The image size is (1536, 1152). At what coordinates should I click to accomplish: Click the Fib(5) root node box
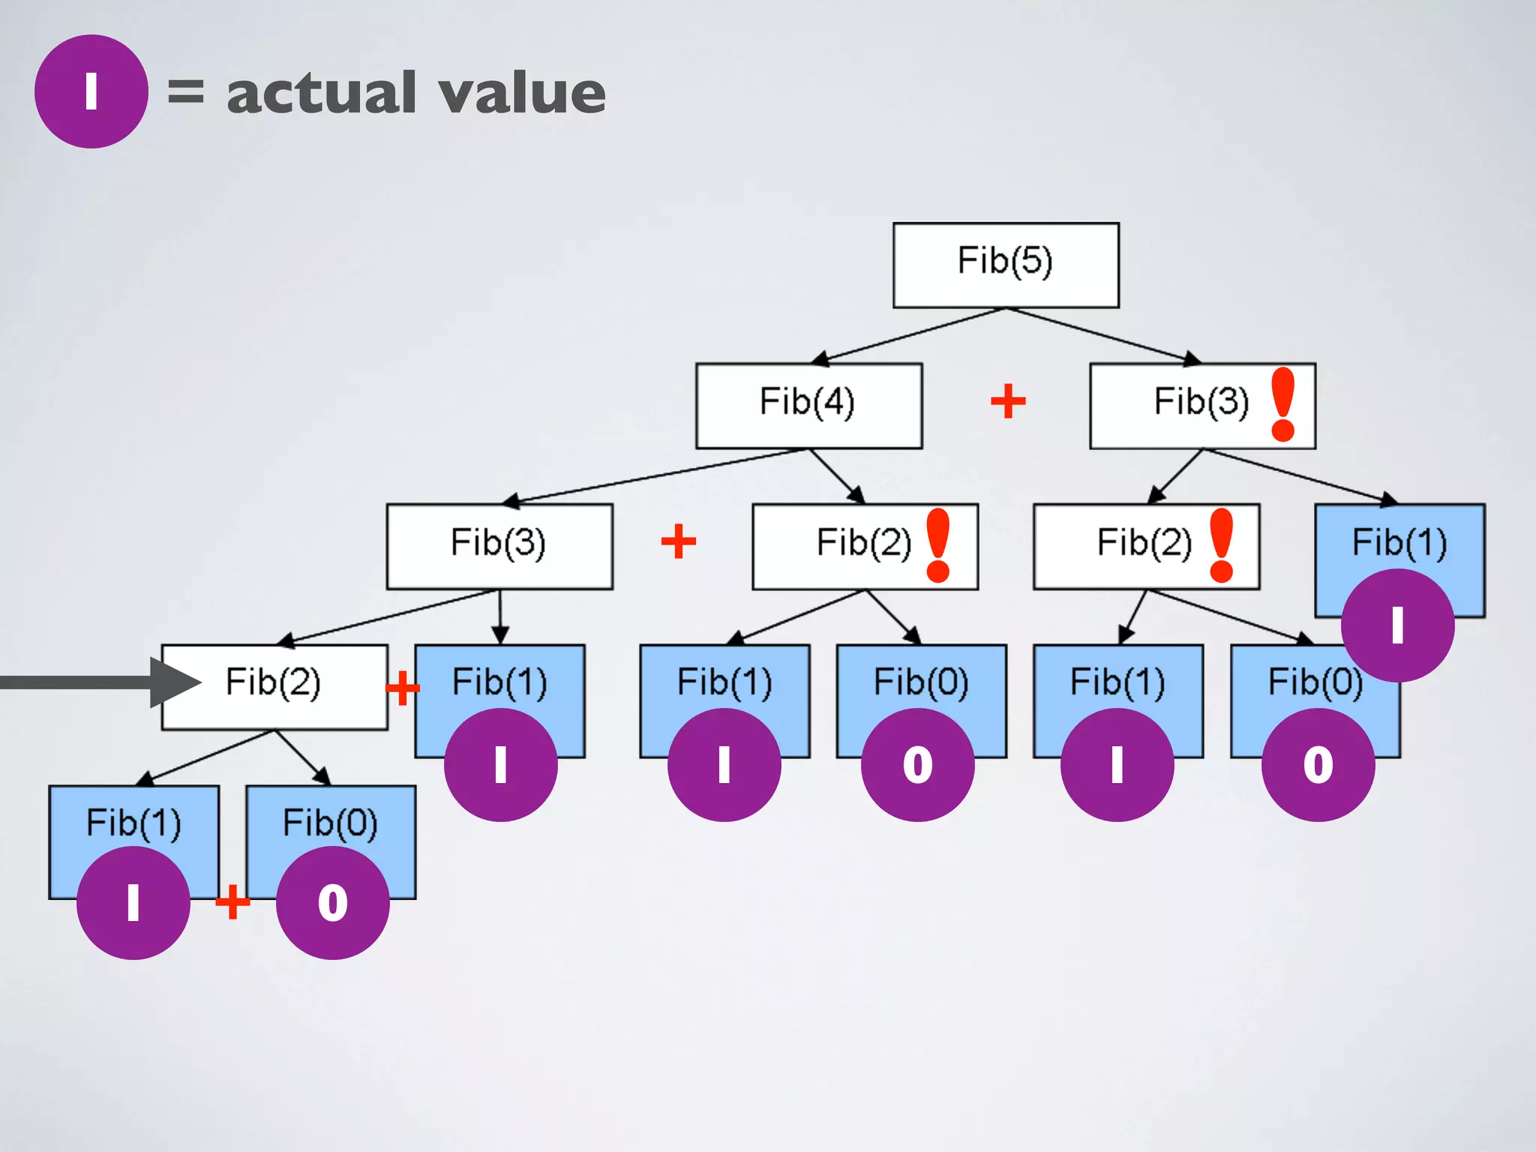tap(1006, 264)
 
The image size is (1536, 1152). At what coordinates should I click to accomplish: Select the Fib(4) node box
tap(808, 405)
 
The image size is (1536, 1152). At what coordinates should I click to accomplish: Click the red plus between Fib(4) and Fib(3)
tap(1008, 401)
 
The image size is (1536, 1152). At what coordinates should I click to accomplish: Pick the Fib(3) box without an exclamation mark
tap(499, 545)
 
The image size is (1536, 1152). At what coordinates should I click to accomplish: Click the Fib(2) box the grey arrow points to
tap(274, 685)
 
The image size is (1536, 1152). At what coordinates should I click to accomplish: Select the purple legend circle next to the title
tap(91, 91)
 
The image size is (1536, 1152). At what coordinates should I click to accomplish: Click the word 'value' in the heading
tap(522, 93)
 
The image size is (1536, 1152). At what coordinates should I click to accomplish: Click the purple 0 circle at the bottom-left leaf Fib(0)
tap(332, 902)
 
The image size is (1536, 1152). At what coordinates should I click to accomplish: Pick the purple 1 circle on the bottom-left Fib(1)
tap(133, 902)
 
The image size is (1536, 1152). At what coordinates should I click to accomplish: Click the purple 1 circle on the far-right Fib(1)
tap(1397, 625)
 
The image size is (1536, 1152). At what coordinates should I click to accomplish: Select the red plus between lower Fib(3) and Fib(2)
tap(679, 541)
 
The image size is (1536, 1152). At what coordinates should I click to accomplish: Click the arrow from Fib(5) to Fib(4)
tap(907, 336)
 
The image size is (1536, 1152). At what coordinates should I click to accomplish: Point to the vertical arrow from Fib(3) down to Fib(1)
tap(500, 616)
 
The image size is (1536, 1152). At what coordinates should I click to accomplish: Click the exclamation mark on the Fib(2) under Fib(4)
tap(938, 545)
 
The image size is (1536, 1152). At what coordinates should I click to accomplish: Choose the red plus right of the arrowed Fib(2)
tap(402, 687)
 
